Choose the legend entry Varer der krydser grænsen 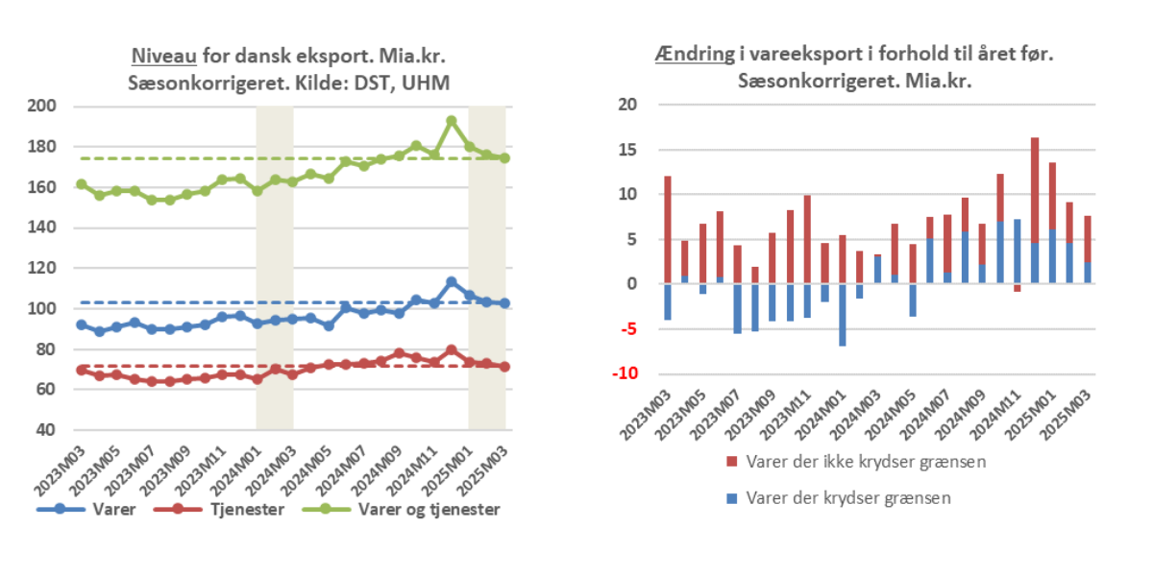click(834, 498)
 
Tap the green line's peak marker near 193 click(451, 122)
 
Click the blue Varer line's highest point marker click(451, 282)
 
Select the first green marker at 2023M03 click(82, 184)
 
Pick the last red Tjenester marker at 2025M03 click(503, 367)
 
